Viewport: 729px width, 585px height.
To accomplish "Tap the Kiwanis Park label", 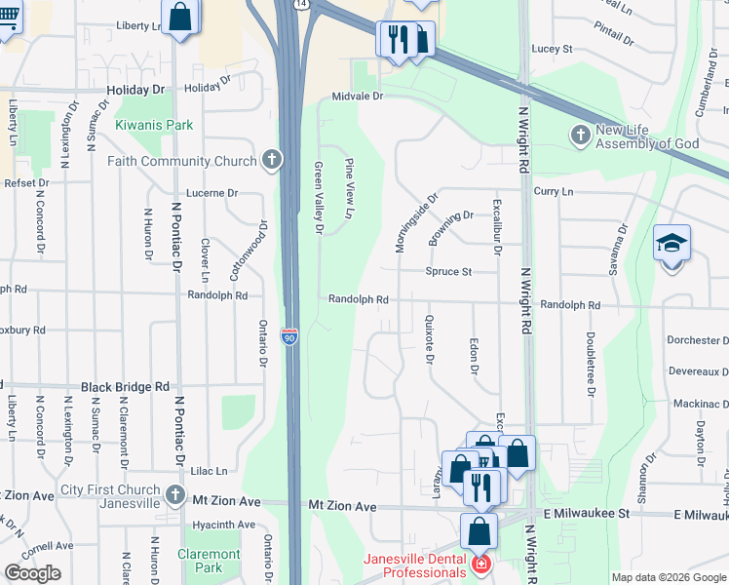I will [154, 125].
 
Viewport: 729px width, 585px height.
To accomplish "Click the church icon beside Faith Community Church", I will [271, 161].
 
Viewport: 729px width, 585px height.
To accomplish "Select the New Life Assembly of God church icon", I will [581, 135].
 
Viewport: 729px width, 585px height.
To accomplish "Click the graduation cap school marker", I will [671, 244].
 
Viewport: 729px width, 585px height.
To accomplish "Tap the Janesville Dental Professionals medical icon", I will [480, 565].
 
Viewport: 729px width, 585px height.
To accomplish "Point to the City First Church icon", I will [174, 494].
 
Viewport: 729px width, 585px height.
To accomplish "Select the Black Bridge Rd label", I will [126, 386].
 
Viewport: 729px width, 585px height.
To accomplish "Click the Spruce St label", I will [447, 271].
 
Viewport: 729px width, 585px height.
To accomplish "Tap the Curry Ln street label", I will [554, 192].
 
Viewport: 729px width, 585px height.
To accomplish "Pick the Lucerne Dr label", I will [211, 193].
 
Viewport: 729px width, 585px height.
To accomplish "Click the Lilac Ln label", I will [209, 470].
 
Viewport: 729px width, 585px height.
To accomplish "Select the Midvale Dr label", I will [359, 97].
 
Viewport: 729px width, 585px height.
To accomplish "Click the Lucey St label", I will [552, 48].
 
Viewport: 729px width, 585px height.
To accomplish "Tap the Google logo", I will [32, 573].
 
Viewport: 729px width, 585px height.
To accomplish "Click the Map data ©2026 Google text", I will [668, 577].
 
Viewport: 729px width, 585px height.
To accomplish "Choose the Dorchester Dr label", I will [697, 340].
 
